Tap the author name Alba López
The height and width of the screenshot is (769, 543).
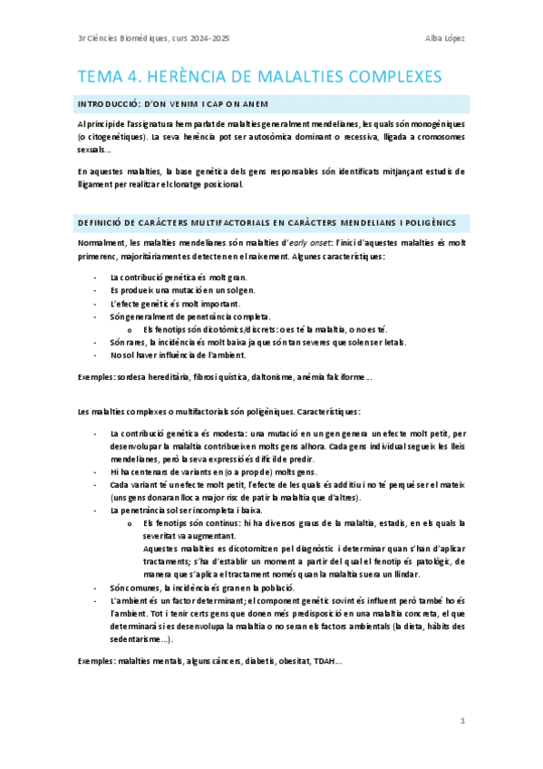pos(446,37)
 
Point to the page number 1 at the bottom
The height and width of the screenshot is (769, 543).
pos(461,721)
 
